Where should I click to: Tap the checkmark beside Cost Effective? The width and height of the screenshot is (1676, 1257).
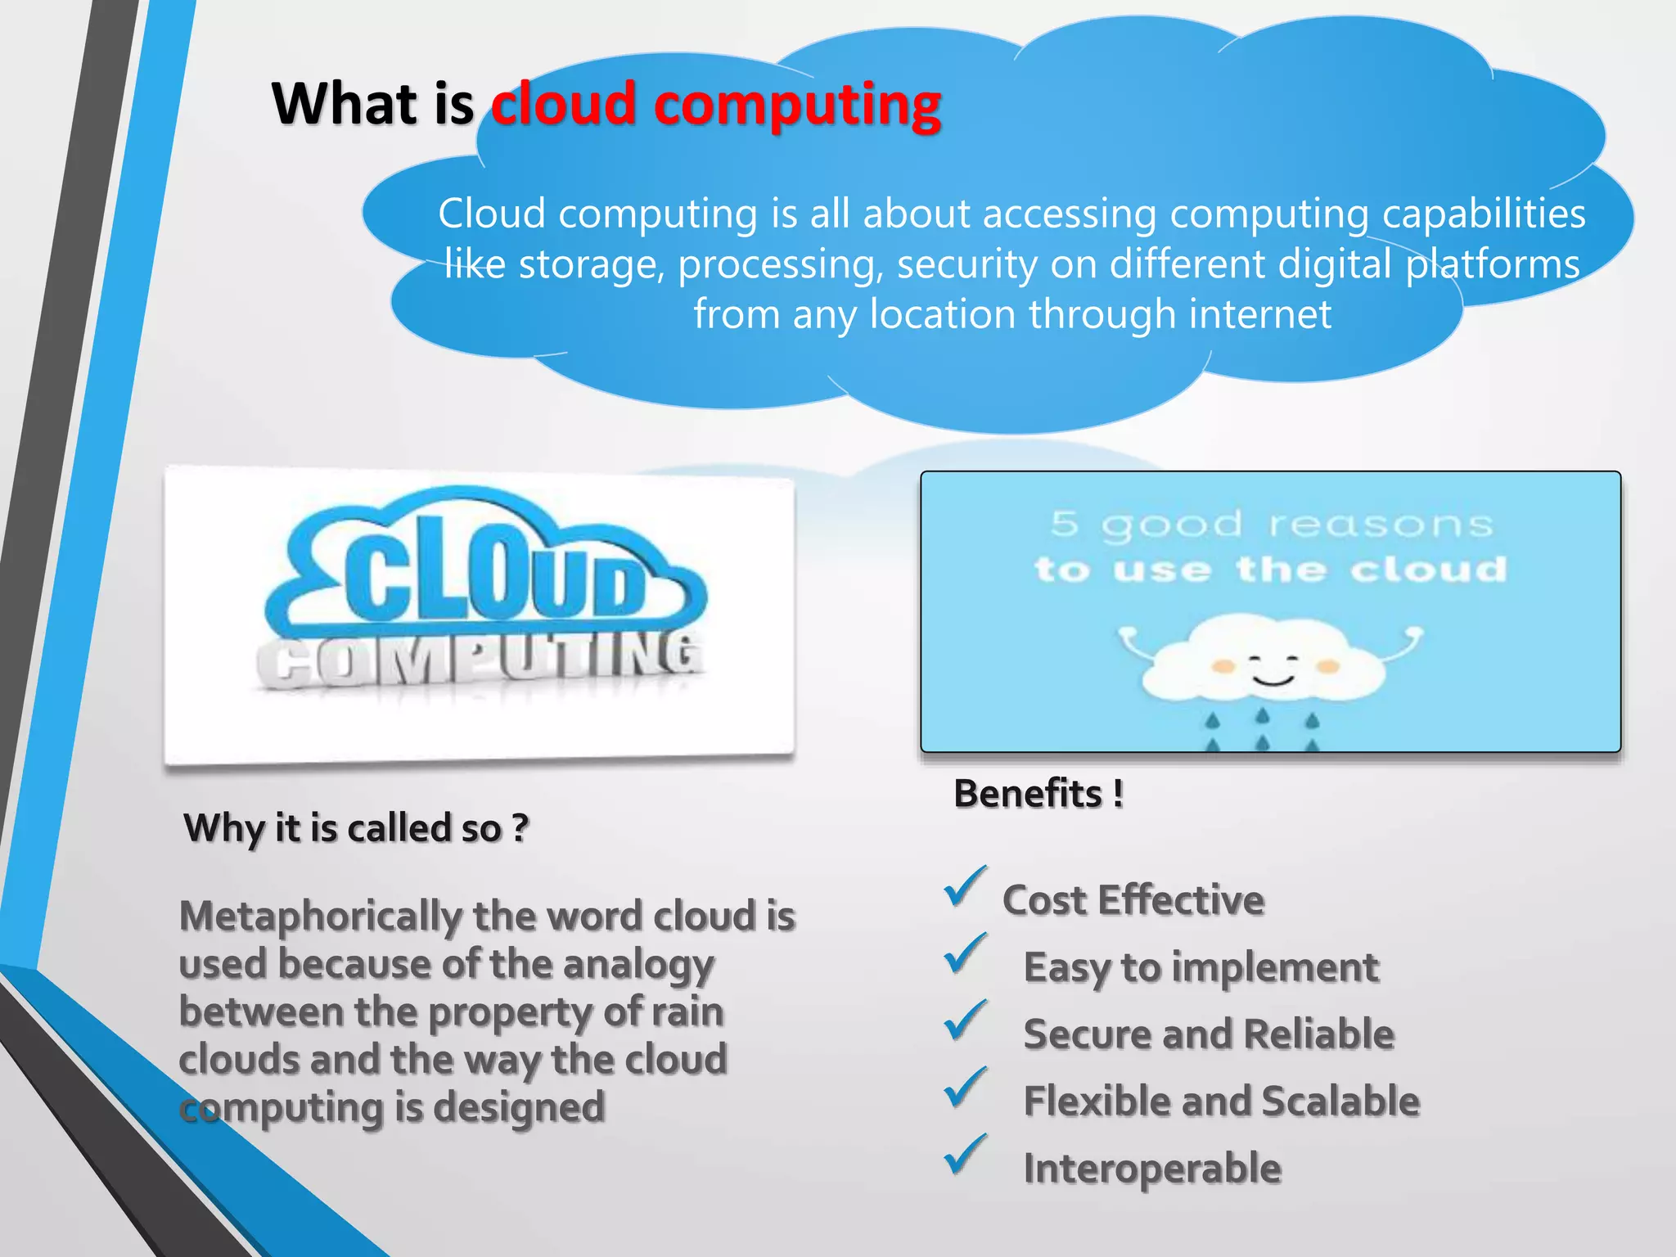tap(965, 888)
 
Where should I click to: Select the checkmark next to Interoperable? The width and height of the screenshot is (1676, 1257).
tap(965, 1156)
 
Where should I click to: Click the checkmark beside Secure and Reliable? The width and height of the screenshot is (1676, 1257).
tap(965, 1021)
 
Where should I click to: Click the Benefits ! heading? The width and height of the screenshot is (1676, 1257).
tap(1038, 794)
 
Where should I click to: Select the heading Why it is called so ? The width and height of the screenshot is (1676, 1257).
tap(356, 828)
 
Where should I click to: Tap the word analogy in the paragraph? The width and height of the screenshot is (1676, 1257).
tap(638, 965)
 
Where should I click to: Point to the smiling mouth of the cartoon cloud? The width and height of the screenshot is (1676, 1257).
tap(1273, 680)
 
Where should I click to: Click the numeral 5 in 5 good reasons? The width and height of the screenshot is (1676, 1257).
tap(1064, 524)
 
